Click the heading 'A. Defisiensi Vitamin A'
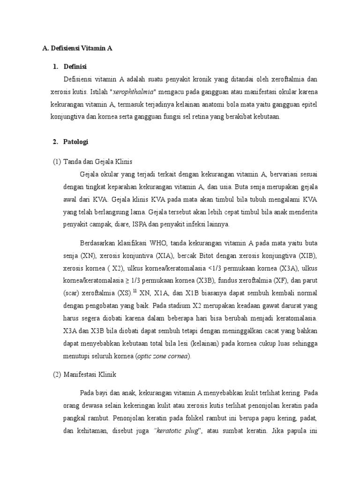click(77, 48)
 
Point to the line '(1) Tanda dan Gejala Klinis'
click(92, 162)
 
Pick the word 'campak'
click(97, 225)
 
